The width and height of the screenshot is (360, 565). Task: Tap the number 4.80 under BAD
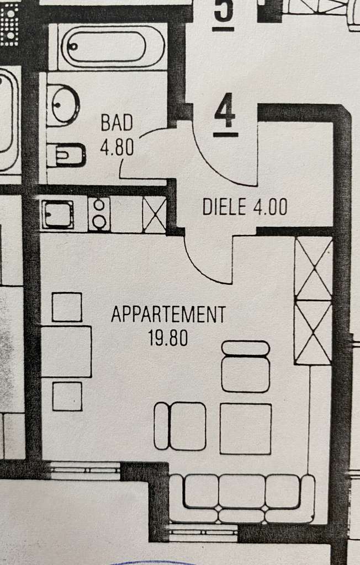click(x=117, y=148)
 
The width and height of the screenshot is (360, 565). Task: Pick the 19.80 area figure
click(x=168, y=338)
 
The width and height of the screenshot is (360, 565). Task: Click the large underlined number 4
click(x=225, y=114)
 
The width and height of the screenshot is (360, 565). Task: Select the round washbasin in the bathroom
click(x=63, y=105)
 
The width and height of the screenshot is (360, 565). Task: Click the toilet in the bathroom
click(x=66, y=155)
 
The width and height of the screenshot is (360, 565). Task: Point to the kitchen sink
click(x=57, y=215)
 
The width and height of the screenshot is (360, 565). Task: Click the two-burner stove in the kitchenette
click(x=99, y=215)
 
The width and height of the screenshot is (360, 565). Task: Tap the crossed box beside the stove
click(x=154, y=214)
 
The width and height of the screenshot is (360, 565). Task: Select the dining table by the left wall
click(x=66, y=351)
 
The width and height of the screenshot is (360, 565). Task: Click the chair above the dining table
click(x=67, y=307)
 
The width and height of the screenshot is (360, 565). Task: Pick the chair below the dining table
click(x=67, y=396)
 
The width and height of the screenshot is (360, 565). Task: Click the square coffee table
click(x=246, y=429)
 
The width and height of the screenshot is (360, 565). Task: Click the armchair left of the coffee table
click(x=181, y=426)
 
